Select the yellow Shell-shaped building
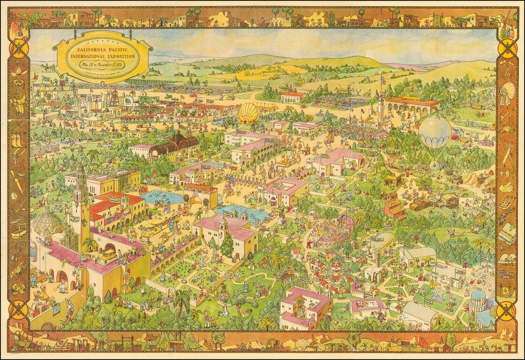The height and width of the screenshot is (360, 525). point(248,113)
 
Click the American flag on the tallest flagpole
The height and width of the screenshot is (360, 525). point(383,81)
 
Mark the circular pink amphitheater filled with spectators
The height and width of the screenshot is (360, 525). point(330,232)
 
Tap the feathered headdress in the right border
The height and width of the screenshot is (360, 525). point(508,91)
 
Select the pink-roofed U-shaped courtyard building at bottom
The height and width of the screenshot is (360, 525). point(305,307)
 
